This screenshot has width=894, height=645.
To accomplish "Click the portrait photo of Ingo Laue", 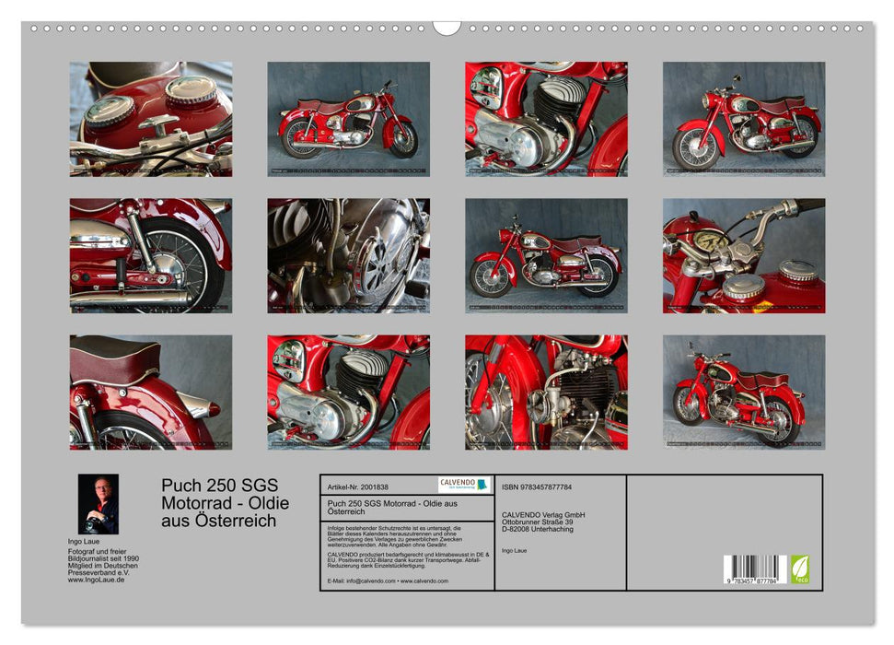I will [98, 504].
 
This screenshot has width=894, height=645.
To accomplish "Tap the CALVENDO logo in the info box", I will [464, 485].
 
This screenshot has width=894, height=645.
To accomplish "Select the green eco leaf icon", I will [799, 568].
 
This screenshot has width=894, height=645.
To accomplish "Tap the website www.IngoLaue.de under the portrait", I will [97, 580].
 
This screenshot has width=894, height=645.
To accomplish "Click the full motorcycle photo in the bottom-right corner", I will [743, 392].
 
